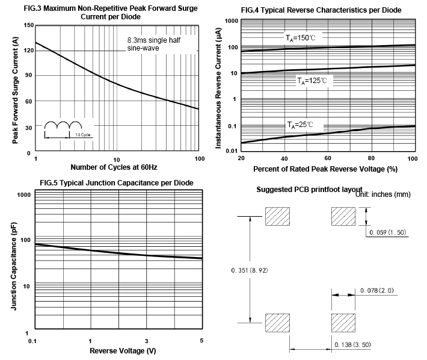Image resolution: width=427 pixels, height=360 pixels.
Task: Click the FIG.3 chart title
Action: (114, 13)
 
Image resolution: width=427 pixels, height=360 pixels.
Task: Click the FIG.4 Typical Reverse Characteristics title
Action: (321, 10)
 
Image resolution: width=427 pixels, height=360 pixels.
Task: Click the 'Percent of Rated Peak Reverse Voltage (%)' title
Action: (325, 169)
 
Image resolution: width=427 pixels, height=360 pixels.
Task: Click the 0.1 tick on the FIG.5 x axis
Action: (32, 341)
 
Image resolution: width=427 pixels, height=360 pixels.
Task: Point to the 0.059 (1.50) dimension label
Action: (388, 232)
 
